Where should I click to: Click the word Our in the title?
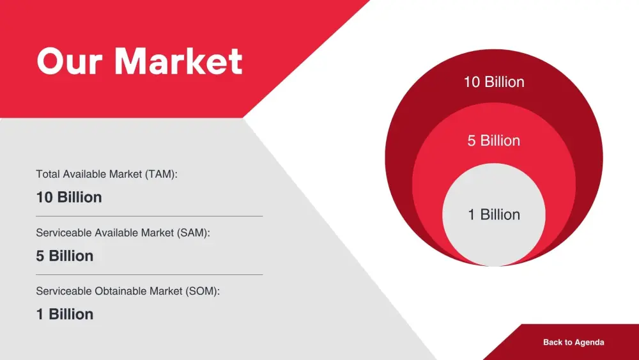tap(69, 61)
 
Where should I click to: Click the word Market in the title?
tap(178, 61)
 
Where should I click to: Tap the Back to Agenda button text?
tap(573, 342)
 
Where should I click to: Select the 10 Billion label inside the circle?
tap(494, 82)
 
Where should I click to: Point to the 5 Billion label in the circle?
tap(493, 141)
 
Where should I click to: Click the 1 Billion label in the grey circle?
tap(494, 214)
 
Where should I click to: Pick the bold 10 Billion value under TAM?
tap(69, 198)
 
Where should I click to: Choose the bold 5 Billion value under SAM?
tap(65, 256)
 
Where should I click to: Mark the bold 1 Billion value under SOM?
tap(65, 315)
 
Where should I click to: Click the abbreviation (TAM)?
tap(161, 174)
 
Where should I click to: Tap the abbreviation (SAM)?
tap(194, 233)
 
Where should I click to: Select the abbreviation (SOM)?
tap(203, 291)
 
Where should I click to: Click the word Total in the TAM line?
tap(48, 174)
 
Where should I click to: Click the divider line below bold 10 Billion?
tap(149, 216)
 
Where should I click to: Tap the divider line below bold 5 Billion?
tap(149, 274)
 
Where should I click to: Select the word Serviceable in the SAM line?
tap(64, 233)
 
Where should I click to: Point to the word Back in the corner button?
tap(552, 342)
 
